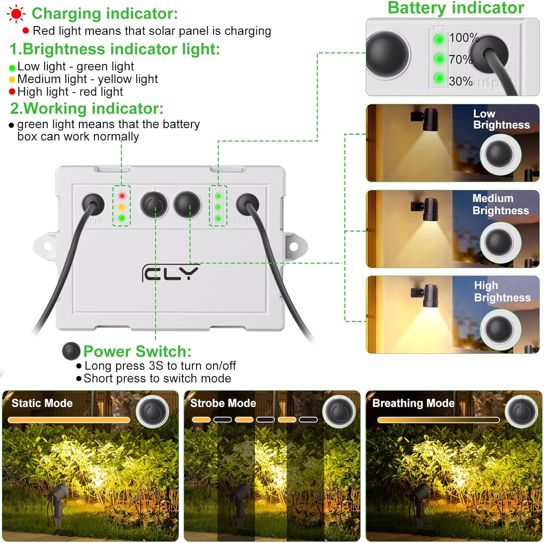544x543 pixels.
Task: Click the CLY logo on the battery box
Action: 170,273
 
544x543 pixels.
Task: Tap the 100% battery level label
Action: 464,38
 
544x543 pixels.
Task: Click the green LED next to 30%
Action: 439,78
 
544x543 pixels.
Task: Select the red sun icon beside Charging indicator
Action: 16,14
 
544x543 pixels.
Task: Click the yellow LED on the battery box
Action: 122,207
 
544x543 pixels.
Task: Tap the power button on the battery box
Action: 154,205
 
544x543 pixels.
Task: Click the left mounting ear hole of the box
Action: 47,246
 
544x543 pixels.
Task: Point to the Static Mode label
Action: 42,403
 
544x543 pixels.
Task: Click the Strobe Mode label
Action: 223,403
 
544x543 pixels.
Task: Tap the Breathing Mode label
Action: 413,403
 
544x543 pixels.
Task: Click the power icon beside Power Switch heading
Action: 71,351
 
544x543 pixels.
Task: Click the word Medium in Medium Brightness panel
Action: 493,199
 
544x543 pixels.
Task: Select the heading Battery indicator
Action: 456,8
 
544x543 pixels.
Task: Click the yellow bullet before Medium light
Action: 12,79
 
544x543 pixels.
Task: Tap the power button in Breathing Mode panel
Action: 522,411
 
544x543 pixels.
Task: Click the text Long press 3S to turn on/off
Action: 160,366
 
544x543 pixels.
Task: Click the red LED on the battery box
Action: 122,196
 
